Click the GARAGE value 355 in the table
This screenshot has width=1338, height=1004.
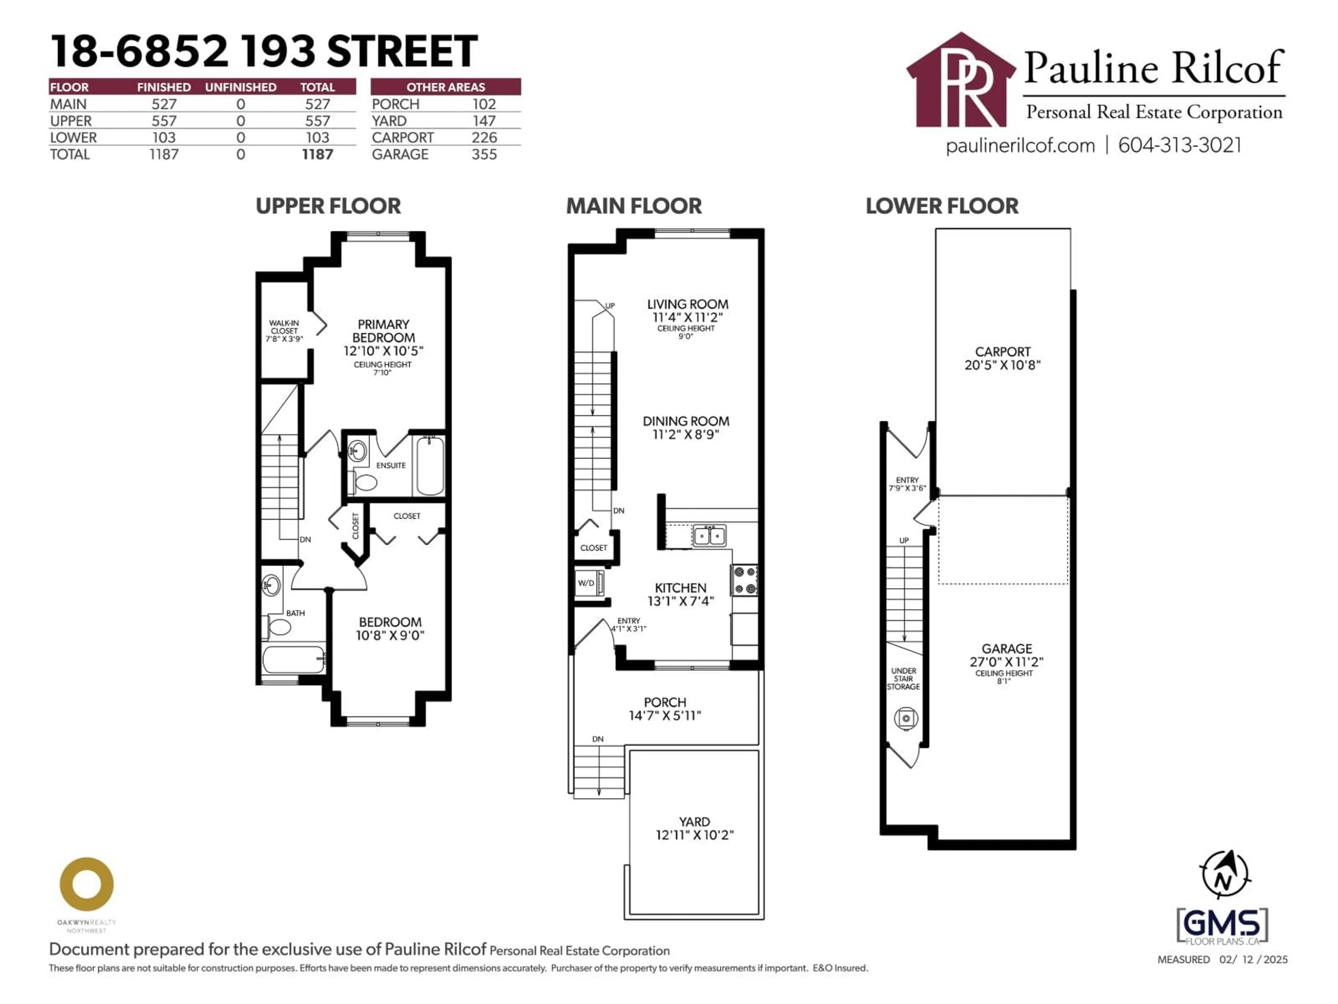point(484,155)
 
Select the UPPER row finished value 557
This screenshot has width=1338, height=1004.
point(163,121)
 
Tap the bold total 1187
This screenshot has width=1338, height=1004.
point(317,155)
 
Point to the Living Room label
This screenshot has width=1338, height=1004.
point(687,304)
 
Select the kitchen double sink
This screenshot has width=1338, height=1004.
point(709,535)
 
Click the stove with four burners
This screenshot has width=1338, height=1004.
point(745,580)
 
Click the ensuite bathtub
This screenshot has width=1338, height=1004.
point(430,466)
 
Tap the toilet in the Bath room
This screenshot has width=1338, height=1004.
point(279,627)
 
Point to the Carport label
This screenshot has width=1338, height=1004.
point(1002,352)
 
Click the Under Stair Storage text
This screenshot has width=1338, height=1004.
point(903,678)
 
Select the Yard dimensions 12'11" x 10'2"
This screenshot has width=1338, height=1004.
point(694,835)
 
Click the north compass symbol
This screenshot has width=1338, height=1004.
point(1224,876)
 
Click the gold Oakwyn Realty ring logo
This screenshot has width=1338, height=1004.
point(86,884)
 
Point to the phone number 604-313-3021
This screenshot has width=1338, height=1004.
point(1179,146)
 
